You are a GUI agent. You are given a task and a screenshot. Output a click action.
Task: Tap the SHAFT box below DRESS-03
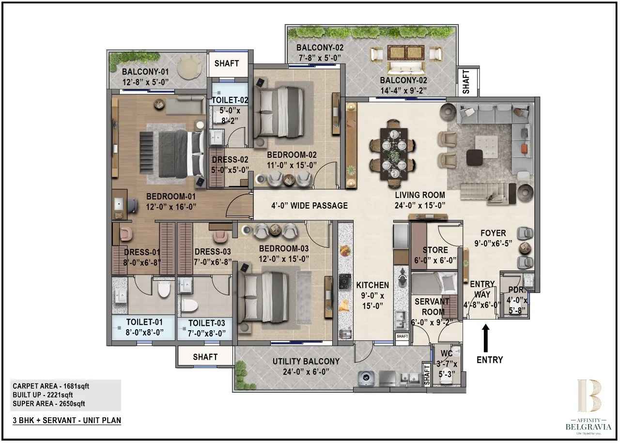click(205, 357)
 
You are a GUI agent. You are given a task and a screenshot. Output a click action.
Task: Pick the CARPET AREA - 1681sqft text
click(51, 386)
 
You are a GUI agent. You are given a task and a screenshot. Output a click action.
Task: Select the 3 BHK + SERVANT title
click(67, 420)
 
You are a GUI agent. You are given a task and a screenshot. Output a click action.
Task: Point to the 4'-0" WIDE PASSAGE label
click(309, 206)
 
